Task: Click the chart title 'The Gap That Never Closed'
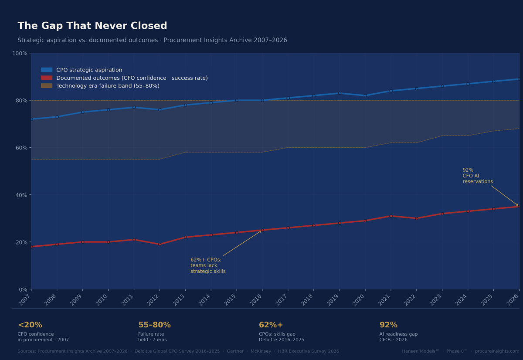[92, 26]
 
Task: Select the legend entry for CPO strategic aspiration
[89, 70]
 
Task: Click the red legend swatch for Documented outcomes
[47, 78]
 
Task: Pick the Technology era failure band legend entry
[108, 86]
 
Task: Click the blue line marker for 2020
[365, 95]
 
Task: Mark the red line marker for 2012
[160, 245]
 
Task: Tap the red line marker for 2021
[391, 216]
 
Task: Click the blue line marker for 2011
[134, 107]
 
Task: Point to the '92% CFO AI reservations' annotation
[477, 176]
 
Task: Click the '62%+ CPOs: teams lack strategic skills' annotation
[208, 265]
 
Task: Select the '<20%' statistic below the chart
[30, 325]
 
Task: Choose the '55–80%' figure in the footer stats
[154, 325]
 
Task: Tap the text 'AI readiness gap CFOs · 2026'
[398, 337]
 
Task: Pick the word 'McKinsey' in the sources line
[260, 351]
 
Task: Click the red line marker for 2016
[262, 230]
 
